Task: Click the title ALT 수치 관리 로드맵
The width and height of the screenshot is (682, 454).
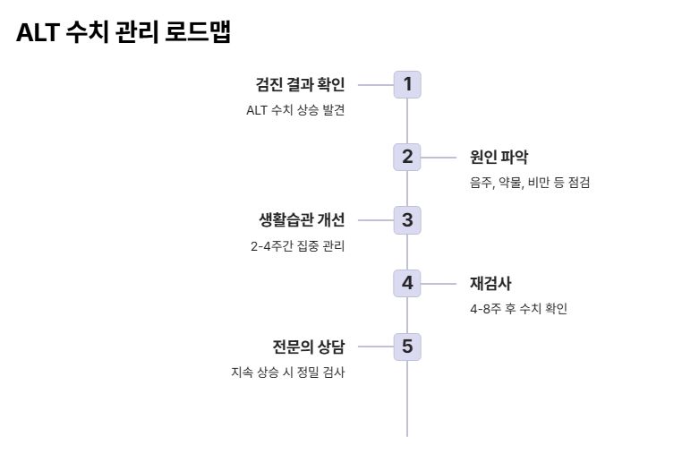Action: coord(124,33)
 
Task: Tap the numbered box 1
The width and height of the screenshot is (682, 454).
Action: coord(407,85)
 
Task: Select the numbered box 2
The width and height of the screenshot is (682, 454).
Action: coord(407,157)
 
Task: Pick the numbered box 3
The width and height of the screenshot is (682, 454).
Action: coord(407,220)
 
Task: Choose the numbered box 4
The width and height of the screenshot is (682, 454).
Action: coord(407,283)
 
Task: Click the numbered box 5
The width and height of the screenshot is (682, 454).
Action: coord(407,347)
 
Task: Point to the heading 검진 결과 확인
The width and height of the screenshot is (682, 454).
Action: coord(300,85)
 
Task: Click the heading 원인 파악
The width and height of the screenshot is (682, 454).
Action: coord(499,158)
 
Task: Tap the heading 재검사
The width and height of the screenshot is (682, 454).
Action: coord(490,284)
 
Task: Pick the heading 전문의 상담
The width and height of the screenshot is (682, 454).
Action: coord(308,347)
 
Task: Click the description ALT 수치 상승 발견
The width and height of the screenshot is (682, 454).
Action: coord(295,110)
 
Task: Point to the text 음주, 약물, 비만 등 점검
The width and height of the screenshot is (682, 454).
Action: coord(530,183)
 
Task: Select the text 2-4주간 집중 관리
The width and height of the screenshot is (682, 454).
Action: coord(297,246)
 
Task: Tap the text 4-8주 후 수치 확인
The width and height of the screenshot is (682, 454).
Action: coord(518,309)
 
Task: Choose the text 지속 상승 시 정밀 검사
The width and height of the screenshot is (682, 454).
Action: coord(287,373)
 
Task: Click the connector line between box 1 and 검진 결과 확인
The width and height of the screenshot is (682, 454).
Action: coord(375,85)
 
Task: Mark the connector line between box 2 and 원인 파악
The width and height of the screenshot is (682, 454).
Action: coord(439,158)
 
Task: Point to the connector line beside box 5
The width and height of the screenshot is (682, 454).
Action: coord(375,347)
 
